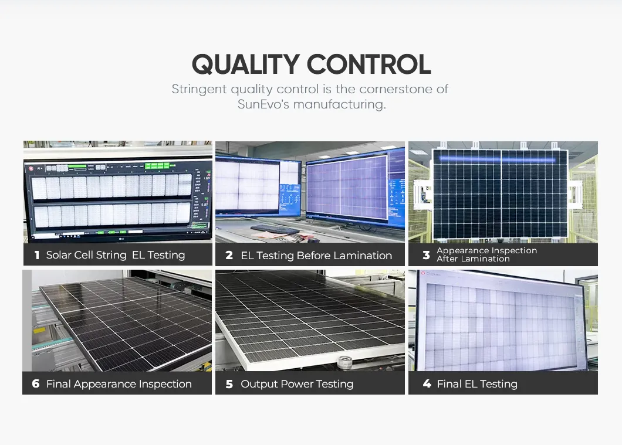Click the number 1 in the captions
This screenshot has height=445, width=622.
36,255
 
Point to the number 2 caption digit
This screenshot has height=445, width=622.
229,256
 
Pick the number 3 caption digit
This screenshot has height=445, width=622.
426,255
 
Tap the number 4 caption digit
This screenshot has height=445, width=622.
427,384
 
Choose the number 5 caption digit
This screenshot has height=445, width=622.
229,384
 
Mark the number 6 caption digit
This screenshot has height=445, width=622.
36,384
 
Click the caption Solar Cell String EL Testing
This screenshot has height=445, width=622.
116,255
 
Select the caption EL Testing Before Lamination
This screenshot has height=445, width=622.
316,256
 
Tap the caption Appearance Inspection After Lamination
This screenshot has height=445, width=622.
486,254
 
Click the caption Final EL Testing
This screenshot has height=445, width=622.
477,384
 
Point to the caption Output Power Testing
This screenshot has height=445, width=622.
297,384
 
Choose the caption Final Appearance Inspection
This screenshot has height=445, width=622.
119,384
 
